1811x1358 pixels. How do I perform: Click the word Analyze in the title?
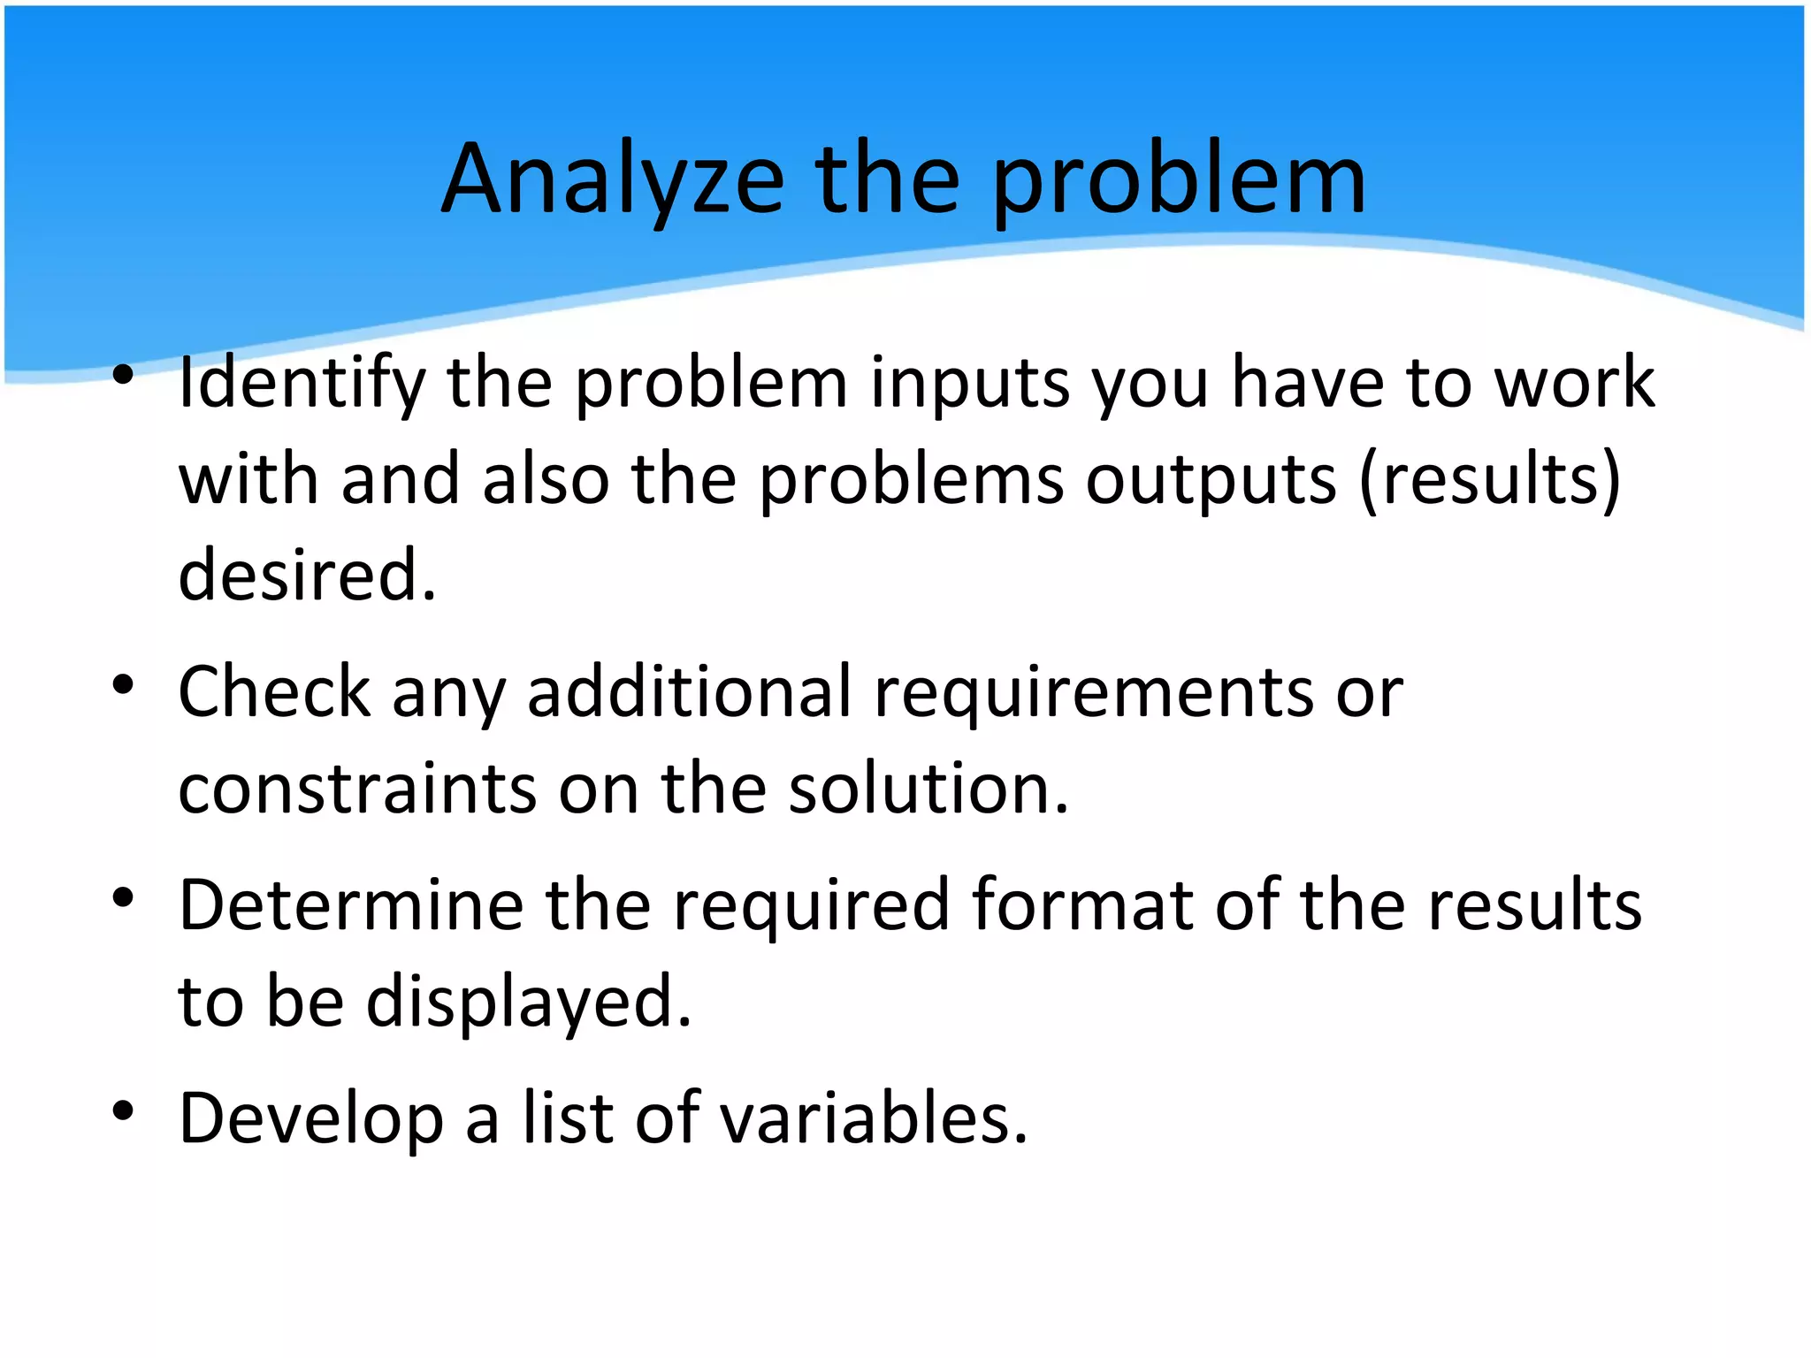click(613, 181)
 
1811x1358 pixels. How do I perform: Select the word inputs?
click(970, 383)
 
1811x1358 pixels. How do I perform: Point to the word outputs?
click(1211, 480)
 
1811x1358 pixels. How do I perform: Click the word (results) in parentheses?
click(1490, 480)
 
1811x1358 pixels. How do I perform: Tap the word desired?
click(307, 576)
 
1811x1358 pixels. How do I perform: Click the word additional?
click(689, 692)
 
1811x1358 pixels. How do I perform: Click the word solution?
click(928, 789)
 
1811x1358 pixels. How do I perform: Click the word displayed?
click(529, 1003)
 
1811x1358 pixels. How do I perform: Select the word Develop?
click(310, 1119)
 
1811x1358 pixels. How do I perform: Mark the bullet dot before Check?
click(123, 684)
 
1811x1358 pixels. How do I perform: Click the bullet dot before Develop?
click(123, 1111)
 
